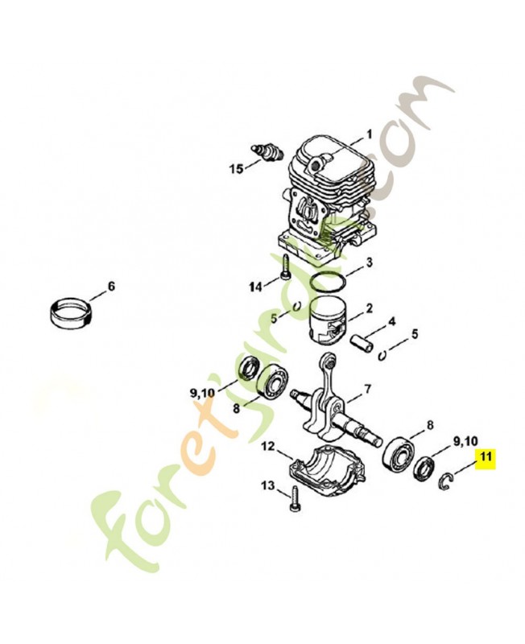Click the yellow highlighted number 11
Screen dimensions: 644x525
(485, 458)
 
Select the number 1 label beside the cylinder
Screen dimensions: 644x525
(369, 134)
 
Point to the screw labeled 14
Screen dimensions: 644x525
(283, 276)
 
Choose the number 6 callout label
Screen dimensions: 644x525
(111, 286)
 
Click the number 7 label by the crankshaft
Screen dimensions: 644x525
(367, 389)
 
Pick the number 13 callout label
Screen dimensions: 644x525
(268, 485)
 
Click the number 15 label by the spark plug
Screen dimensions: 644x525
(235, 168)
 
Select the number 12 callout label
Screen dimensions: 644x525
(267, 445)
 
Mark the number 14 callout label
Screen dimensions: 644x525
(255, 287)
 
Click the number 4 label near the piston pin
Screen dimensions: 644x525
(391, 321)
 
